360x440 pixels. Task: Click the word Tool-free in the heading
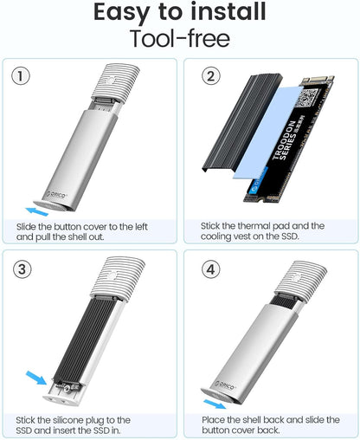pyautogui.click(x=180, y=39)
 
